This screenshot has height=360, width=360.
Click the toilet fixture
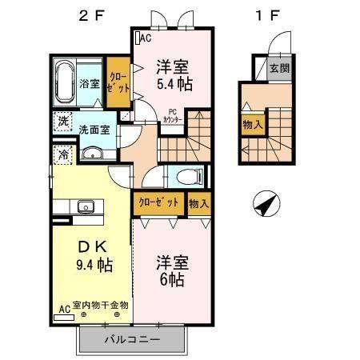coord(186,178)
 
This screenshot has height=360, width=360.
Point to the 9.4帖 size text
coord(89,265)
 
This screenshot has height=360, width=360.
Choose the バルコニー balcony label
coord(133,340)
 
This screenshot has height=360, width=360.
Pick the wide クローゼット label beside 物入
coord(159,203)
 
